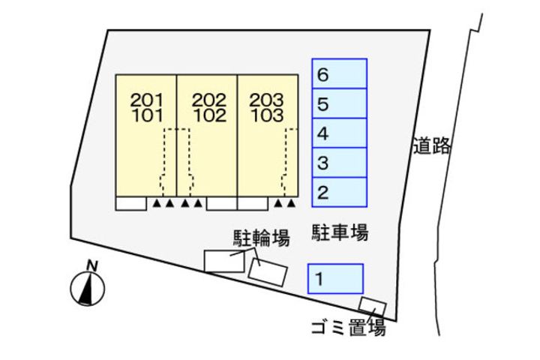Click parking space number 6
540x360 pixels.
[339, 74]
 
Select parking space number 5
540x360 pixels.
[339, 103]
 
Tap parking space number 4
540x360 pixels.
[339, 133]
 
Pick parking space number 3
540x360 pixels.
[339, 163]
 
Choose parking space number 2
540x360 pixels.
[339, 192]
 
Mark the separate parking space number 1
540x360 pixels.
[335, 279]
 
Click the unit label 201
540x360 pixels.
[146, 100]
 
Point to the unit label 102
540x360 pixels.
[208, 116]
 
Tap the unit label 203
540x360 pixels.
[267, 100]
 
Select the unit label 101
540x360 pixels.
[146, 116]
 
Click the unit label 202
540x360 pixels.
[208, 100]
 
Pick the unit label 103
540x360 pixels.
[267, 116]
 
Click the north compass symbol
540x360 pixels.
[87, 288]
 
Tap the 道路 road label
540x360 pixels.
[431, 145]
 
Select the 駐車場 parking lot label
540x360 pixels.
[339, 234]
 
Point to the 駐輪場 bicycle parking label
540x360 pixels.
[260, 239]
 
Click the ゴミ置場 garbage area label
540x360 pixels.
[348, 328]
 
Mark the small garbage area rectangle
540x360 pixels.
[371, 306]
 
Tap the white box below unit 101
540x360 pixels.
[130, 203]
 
